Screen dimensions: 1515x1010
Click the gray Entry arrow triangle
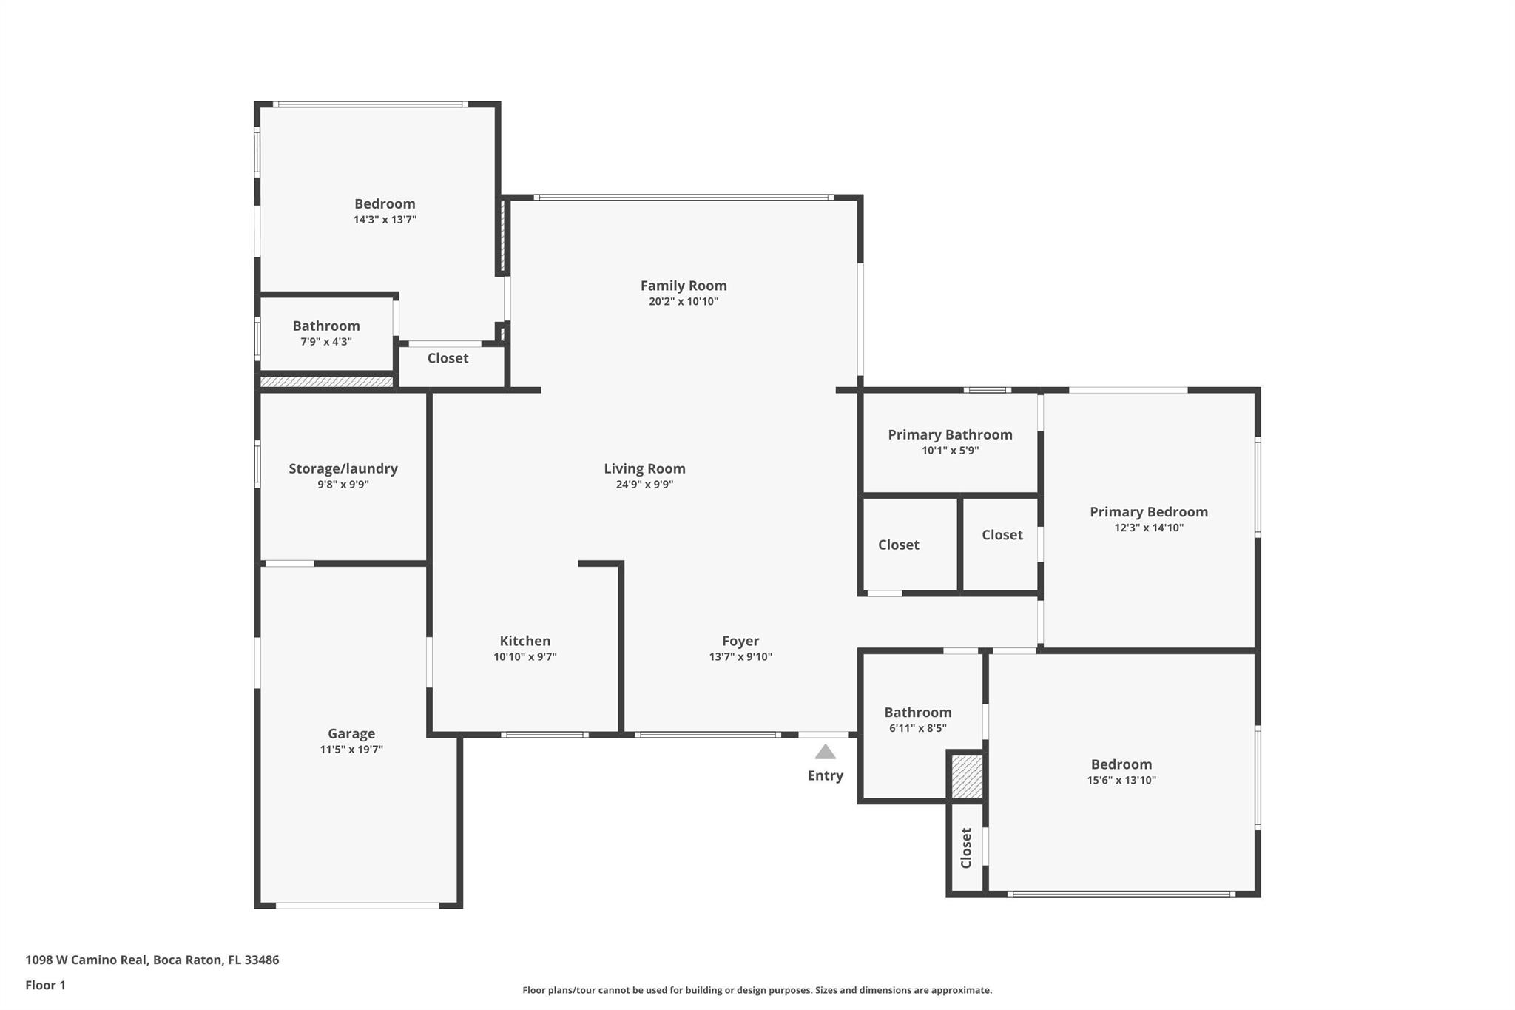coord(825,752)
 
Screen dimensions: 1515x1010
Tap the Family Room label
coord(684,286)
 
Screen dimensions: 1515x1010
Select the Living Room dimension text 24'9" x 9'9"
coord(644,485)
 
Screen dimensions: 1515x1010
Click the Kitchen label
coord(524,641)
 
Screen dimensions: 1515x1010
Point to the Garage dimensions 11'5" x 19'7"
coord(351,750)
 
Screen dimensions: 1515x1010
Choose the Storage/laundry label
coord(343,468)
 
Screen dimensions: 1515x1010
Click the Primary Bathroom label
coord(950,434)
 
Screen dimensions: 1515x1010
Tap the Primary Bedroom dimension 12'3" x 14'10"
coord(1149,528)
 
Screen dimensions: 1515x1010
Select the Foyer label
coord(740,641)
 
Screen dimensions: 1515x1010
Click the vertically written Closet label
coord(965,848)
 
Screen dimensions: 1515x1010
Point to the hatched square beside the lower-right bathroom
coord(967,776)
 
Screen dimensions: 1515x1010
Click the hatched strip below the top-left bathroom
coord(326,382)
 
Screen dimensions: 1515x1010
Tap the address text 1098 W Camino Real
coord(87,960)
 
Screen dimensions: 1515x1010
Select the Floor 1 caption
coord(45,985)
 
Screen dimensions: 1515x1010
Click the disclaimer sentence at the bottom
coord(757,990)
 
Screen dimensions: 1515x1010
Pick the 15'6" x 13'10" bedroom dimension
coord(1121,780)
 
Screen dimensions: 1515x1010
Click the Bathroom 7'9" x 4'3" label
coord(326,326)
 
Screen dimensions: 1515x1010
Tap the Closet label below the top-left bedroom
coord(448,358)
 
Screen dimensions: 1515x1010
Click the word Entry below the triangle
coord(825,775)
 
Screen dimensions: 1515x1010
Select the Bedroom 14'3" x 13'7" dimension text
coord(385,220)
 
